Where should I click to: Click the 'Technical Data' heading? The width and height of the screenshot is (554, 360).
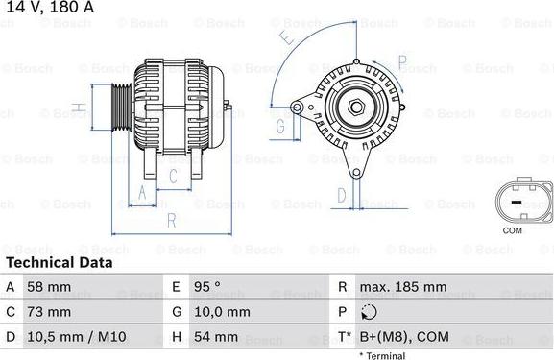coord(59,262)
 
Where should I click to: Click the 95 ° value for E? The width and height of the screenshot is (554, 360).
coord(207,287)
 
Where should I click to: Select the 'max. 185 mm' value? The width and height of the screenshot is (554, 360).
coord(402,287)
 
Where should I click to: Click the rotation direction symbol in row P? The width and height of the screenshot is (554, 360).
coord(370,312)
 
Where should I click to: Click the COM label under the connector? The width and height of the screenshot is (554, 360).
coord(514,230)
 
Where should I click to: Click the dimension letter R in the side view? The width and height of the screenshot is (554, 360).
coord(171,220)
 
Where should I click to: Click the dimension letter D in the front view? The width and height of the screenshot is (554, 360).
coord(341,195)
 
